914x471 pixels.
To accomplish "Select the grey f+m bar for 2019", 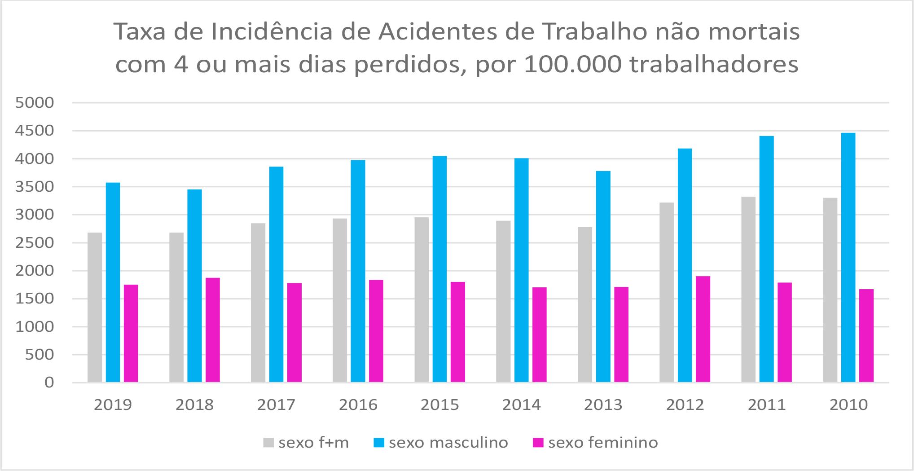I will click(95, 307).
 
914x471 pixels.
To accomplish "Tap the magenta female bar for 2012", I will click(703, 329).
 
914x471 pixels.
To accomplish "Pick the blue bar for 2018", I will click(194, 286).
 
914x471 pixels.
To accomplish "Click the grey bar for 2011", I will click(748, 289).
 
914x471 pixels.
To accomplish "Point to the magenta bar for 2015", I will click(458, 332).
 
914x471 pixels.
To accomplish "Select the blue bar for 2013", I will click(603, 277).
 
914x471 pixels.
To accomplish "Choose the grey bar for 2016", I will click(340, 300).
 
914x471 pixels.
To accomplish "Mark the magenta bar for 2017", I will click(294, 332).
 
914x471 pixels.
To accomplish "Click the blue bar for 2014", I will click(521, 270).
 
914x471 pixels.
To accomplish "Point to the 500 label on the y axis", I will click(40, 355).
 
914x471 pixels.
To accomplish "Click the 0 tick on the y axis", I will click(49, 383).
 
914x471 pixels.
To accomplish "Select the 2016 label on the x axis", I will click(358, 405).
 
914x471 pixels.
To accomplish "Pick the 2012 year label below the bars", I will click(685, 405).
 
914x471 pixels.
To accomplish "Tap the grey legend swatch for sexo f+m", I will click(268, 443).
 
